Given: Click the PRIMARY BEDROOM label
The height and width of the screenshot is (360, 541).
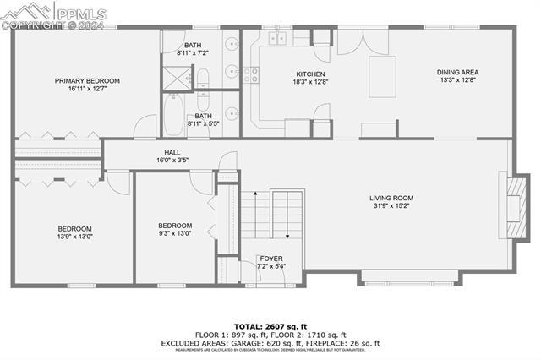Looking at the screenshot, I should (87, 81).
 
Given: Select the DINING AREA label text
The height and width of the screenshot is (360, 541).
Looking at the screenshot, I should (457, 73).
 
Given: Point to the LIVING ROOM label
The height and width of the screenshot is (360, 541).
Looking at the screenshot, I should (391, 199).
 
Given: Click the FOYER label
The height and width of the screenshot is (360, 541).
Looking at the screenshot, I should (271, 259).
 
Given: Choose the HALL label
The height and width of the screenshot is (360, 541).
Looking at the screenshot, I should (172, 152).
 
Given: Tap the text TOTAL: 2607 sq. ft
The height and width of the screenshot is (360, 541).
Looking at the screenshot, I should (270, 325).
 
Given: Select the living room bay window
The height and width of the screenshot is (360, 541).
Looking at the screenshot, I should (411, 276).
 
